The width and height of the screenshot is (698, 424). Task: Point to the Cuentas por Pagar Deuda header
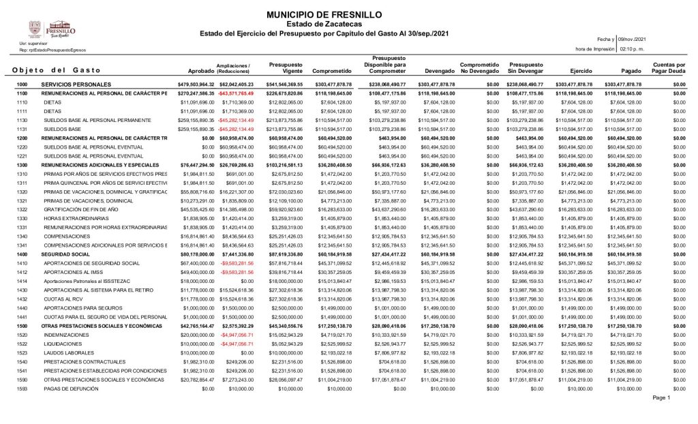(x=669, y=67)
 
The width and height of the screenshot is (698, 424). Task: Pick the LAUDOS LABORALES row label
(x=69, y=352)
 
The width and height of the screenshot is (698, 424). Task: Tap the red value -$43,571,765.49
(x=235, y=93)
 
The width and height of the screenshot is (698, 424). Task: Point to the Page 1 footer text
(x=661, y=398)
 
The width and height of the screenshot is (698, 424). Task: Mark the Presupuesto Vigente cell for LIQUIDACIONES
(x=286, y=344)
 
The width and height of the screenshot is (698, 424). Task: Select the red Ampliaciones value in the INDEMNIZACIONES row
(x=235, y=335)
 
